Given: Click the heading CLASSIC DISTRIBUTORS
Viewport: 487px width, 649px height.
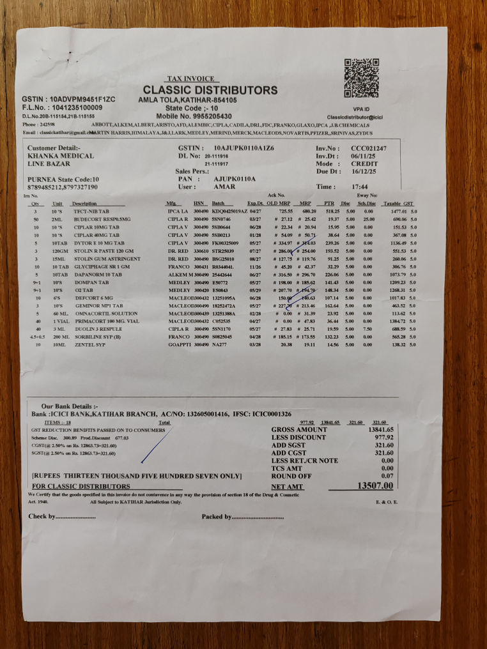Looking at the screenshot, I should coord(210,90).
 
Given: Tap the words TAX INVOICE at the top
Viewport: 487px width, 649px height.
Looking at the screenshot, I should coord(190,79).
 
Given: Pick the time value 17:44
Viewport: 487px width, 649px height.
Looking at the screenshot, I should coord(360,187).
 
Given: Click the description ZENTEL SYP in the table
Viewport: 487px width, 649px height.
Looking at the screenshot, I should coord(89,344).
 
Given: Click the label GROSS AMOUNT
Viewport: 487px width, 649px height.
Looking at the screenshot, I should coord(299,430).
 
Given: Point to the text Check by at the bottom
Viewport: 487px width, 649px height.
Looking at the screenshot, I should coord(42,516).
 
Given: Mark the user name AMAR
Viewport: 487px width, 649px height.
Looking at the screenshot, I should coord(223,187).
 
